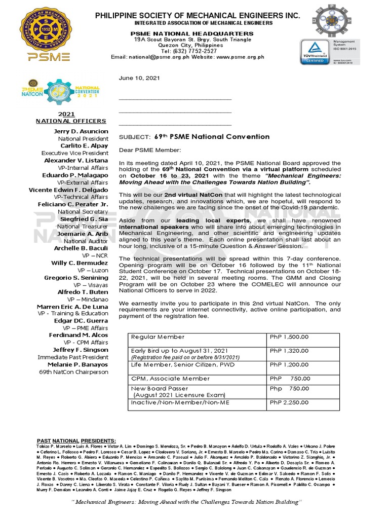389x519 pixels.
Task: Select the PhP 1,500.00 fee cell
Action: tap(289, 337)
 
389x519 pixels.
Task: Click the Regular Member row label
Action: tap(158, 337)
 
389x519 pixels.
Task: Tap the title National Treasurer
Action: tap(83, 227)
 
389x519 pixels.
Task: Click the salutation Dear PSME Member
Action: tap(149, 150)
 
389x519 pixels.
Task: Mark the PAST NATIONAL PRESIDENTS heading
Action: tap(76, 441)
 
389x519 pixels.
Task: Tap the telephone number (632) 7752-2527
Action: tap(189, 51)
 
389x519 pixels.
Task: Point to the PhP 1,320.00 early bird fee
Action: tap(289, 350)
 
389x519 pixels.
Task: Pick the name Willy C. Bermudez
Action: tap(80, 263)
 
